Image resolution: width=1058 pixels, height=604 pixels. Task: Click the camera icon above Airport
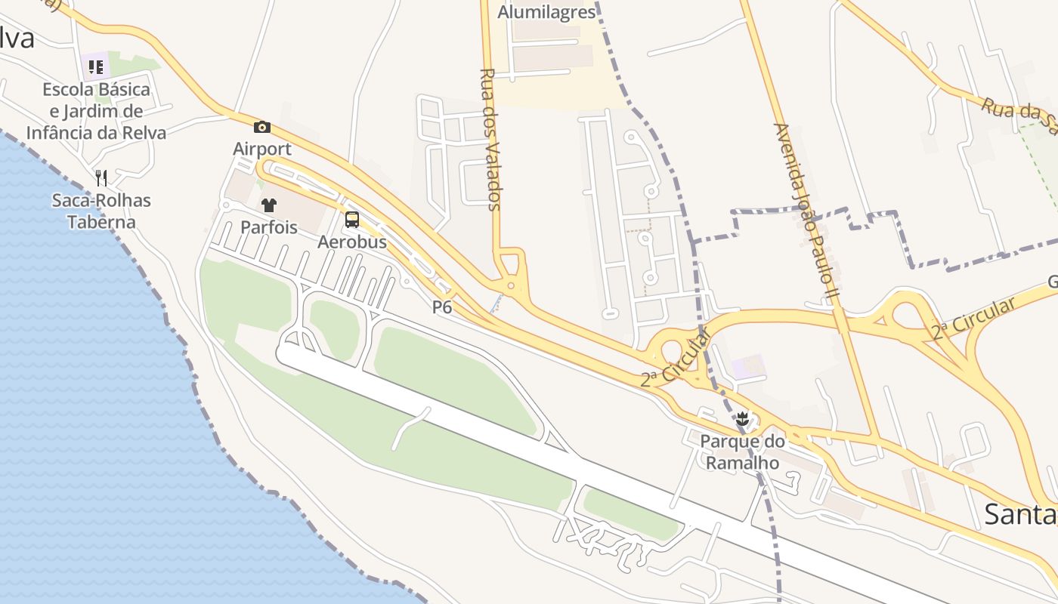262,127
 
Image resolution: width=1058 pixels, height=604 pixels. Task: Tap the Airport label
262,149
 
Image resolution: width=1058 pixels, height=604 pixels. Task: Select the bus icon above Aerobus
352,220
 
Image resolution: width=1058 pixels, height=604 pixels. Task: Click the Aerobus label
352,242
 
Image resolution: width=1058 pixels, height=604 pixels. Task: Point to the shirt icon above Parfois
269,205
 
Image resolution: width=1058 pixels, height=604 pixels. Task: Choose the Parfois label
269,226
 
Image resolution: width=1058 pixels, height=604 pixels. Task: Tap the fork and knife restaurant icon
101,177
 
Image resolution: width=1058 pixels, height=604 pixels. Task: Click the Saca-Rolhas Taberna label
101,211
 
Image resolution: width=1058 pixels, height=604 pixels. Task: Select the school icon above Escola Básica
96,66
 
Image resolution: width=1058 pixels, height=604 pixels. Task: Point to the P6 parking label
442,307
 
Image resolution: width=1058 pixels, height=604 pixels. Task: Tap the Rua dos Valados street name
490,140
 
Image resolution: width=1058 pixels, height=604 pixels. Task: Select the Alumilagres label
546,12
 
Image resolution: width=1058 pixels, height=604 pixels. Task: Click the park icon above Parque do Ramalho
743,418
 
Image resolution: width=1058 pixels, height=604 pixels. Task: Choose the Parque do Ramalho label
743,451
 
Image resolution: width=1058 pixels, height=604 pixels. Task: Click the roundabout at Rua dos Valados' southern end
511,285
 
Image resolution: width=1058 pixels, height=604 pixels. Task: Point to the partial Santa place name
1020,515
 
